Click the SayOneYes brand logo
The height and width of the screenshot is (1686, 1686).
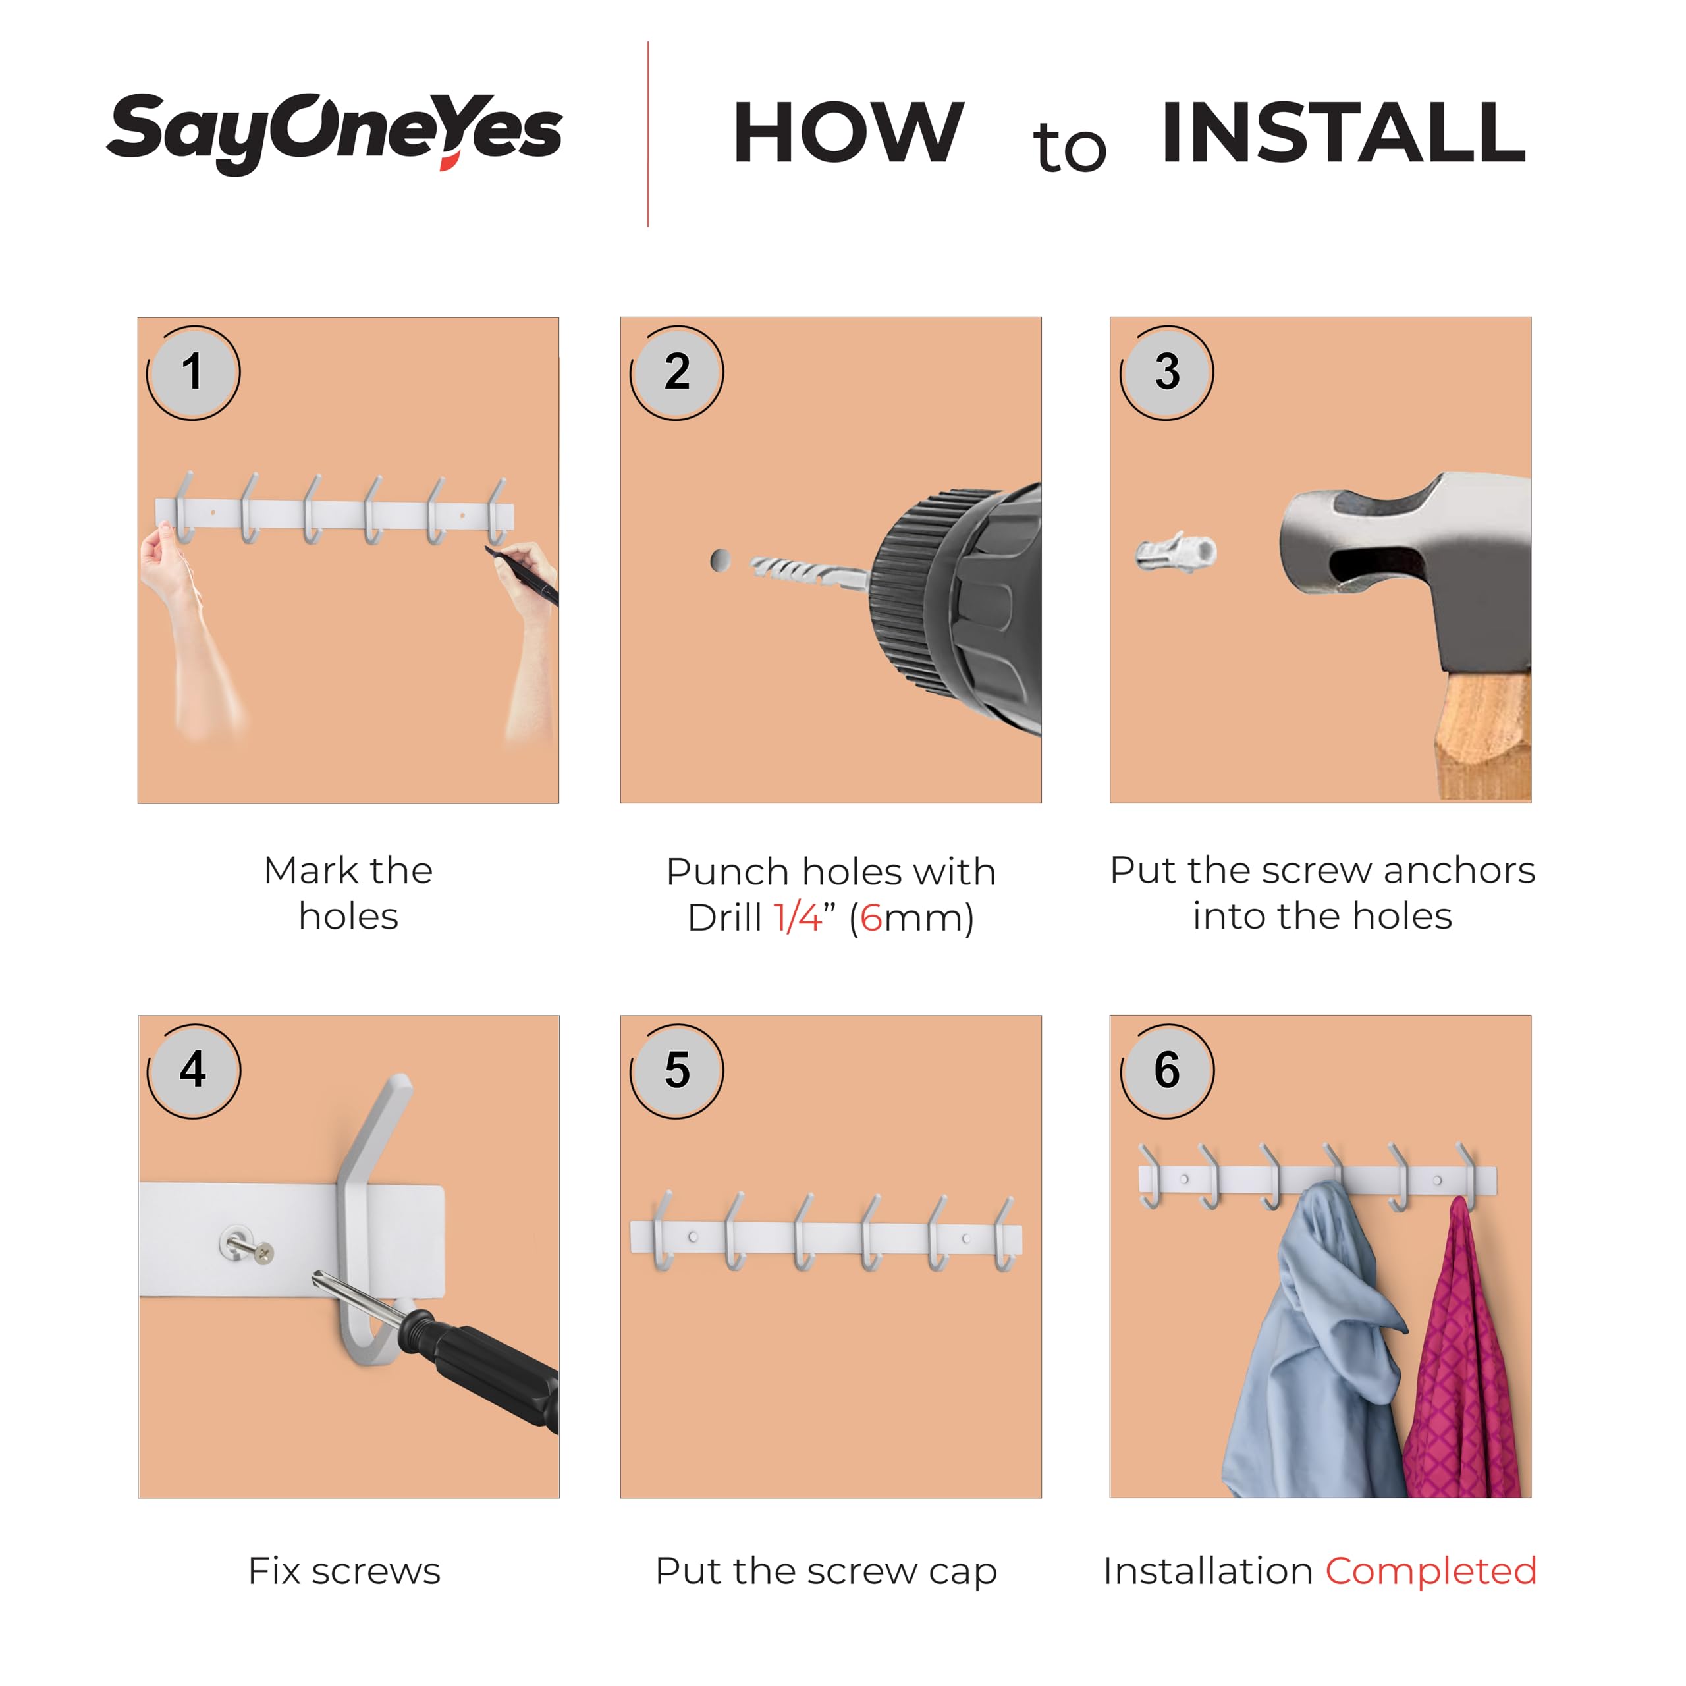click(x=334, y=132)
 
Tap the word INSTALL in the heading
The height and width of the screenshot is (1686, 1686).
click(x=1344, y=132)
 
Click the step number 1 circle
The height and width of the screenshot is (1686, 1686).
click(x=193, y=373)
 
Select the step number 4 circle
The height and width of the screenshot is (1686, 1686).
click(x=194, y=1071)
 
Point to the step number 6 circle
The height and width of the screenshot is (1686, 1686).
click(x=1167, y=1071)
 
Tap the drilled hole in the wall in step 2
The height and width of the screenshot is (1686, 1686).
click(x=720, y=560)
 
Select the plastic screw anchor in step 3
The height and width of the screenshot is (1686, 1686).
click(x=1176, y=551)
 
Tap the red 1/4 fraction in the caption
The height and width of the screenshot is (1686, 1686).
click(x=798, y=917)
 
